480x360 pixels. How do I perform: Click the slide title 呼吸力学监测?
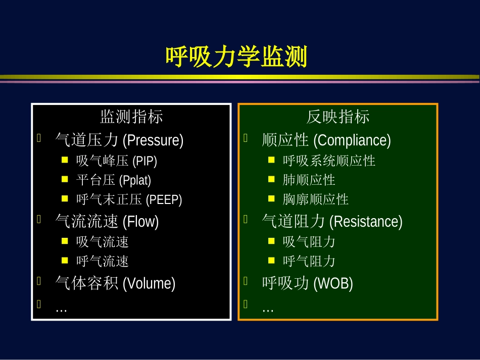coord(236,57)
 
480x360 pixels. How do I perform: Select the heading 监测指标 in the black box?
coord(131,117)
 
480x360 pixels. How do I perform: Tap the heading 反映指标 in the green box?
coord(338,117)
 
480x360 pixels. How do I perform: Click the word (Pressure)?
coord(153,140)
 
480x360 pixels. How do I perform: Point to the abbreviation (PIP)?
coord(145,161)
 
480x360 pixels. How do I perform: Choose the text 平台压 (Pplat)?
coord(114,180)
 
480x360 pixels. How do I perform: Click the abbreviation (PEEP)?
coord(164,200)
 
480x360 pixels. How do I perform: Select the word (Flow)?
coord(140,222)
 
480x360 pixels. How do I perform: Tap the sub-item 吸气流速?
coord(103,242)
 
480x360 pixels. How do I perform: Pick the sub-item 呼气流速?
coord(103,261)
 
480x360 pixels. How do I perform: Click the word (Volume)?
coord(149,284)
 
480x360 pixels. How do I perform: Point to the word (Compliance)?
coord(352,140)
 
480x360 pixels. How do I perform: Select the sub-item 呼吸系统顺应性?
coord(329,161)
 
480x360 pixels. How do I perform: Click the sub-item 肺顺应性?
coord(309,180)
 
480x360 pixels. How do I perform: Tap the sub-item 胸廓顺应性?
coord(316,199)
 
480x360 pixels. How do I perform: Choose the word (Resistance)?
coord(366,222)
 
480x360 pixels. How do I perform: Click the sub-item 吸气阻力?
coord(309,242)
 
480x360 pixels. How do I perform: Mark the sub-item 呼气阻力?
coord(309,261)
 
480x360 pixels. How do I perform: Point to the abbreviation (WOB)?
coord(333,284)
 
